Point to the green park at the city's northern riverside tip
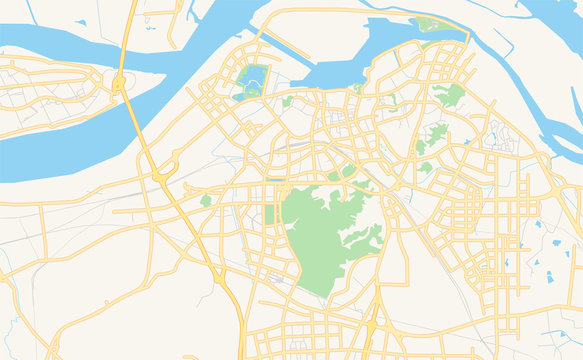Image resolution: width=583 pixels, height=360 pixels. point(430,24)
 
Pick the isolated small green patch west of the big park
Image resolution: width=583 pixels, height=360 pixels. point(206,201)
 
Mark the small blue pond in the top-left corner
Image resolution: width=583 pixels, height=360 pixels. point(80,22)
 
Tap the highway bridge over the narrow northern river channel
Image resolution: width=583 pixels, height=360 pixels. point(126,45)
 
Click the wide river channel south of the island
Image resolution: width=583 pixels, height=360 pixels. point(60,150)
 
